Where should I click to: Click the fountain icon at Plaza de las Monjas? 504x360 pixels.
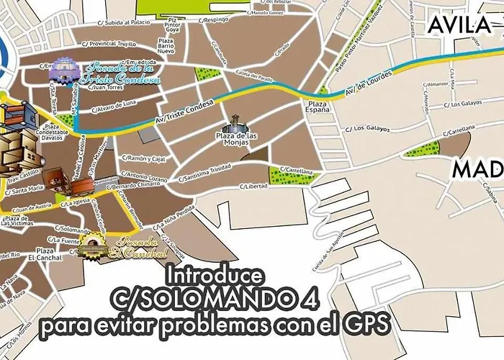235,125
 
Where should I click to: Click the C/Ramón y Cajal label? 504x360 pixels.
144,158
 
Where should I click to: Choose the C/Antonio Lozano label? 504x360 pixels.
144,175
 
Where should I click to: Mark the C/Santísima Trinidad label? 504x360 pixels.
210,176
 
